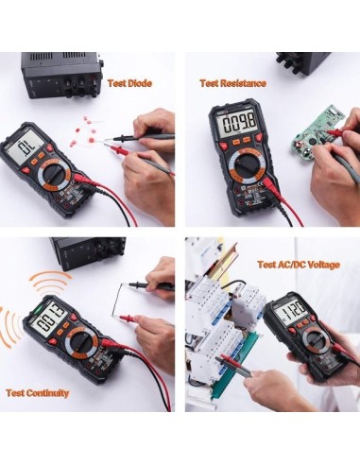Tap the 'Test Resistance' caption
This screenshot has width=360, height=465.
(232, 82)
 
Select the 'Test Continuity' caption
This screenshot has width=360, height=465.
(40, 391)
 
